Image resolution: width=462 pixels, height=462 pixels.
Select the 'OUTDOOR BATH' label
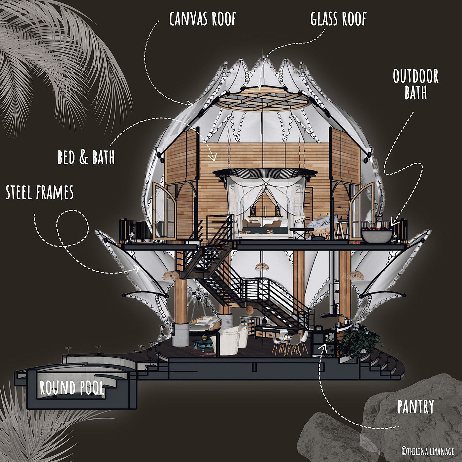coord(416,84)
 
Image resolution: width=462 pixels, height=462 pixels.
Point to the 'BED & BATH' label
coord(86,157)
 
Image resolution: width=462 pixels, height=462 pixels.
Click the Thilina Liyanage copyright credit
coord(427,451)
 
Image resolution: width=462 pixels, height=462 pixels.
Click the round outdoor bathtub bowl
coord(377,235)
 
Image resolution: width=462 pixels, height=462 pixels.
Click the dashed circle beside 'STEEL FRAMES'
coord(73,228)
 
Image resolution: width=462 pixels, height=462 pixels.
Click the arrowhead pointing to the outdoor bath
coord(393,222)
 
